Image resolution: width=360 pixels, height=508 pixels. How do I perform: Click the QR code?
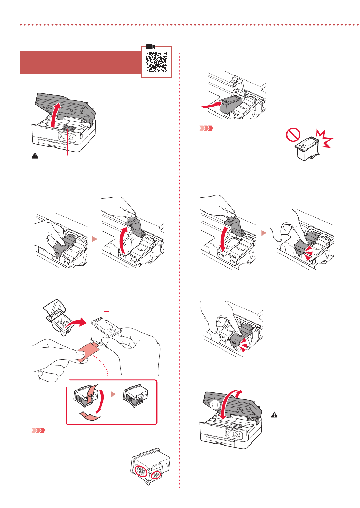(x=156, y=62)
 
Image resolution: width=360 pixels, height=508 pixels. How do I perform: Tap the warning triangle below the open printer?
(x=35, y=156)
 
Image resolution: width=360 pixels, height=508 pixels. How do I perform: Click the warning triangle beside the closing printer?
(x=275, y=415)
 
